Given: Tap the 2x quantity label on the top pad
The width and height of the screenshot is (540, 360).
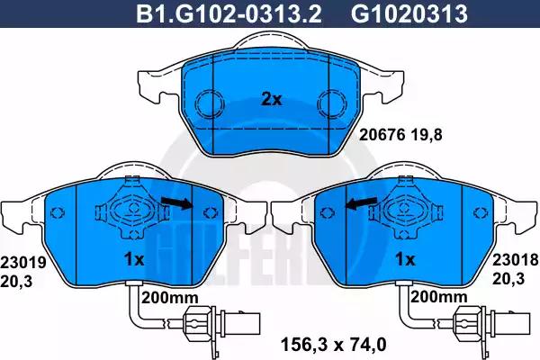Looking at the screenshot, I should pos(271,99).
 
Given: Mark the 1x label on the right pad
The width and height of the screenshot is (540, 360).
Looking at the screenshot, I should pos(404,260).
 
